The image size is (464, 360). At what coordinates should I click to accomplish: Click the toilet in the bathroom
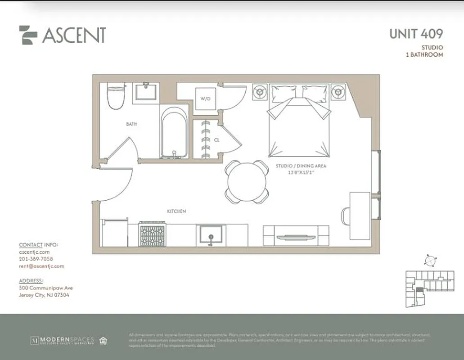pyautogui.click(x=116, y=95)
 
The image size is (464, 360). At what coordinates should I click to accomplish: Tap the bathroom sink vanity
pyautogui.click(x=146, y=93)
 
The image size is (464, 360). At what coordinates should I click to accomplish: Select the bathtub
pyautogui.click(x=174, y=133)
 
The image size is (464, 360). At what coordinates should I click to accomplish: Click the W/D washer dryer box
pyautogui.click(x=205, y=99)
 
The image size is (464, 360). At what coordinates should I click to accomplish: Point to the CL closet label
pyautogui.click(x=216, y=140)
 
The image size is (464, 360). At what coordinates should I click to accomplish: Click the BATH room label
pyautogui.click(x=131, y=124)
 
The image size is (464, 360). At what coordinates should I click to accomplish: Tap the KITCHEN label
pyautogui.click(x=176, y=211)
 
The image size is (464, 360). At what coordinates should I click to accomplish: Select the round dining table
pyautogui.click(x=247, y=182)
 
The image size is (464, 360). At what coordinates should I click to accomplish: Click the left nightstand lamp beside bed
pyautogui.click(x=259, y=92)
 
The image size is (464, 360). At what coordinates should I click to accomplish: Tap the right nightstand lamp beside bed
pyautogui.click(x=338, y=92)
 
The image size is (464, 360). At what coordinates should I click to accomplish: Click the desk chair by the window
pyautogui.click(x=346, y=216)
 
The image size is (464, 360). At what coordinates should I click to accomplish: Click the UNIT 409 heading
pyautogui.click(x=416, y=34)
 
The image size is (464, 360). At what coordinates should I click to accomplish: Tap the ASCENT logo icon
pyautogui.click(x=28, y=35)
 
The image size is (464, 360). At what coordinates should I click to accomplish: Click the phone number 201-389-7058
pyautogui.click(x=36, y=259)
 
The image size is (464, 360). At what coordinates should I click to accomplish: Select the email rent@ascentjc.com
pyautogui.click(x=41, y=266)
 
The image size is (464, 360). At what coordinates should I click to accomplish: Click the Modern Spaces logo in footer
pyautogui.click(x=62, y=340)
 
